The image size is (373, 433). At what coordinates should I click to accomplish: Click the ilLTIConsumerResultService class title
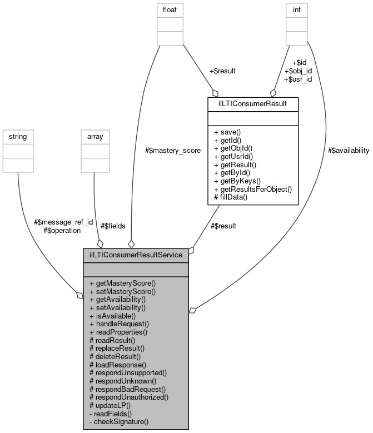coord(136,255)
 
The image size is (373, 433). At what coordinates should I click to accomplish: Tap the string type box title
coord(18,136)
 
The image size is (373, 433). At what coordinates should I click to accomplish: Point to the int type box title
coord(297,9)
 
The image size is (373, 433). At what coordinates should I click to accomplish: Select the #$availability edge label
coord(349,151)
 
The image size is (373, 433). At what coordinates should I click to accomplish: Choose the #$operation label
coord(62,230)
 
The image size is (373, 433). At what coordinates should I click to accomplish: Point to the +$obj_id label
coord(298,71)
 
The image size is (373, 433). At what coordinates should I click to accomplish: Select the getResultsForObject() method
coord(253,189)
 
